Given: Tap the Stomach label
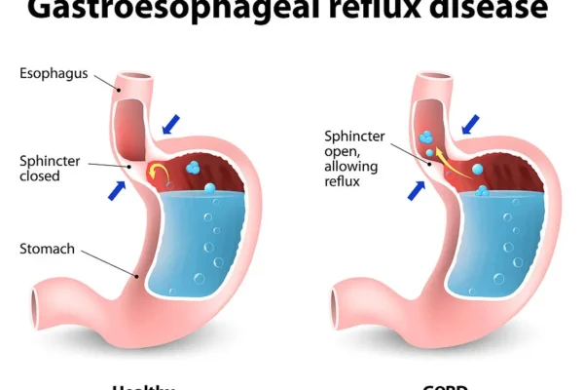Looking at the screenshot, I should tap(47, 249).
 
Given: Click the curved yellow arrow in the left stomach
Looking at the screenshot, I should tap(162, 175).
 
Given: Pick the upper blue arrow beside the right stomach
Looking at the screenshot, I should tap(470, 124).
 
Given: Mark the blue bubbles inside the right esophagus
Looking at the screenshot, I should tap(426, 142).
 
